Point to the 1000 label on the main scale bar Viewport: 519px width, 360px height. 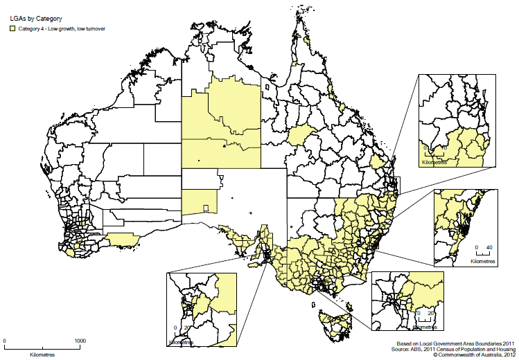tap(80, 341)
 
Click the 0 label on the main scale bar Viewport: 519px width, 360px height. tap(5, 341)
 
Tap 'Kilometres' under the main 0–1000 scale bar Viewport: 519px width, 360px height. tap(42, 354)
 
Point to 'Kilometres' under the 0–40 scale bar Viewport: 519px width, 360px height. tap(484, 262)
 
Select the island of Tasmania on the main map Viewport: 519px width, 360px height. tap(336, 325)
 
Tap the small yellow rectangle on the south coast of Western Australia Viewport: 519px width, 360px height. tap(123, 239)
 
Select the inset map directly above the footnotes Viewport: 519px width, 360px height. tap(407, 303)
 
